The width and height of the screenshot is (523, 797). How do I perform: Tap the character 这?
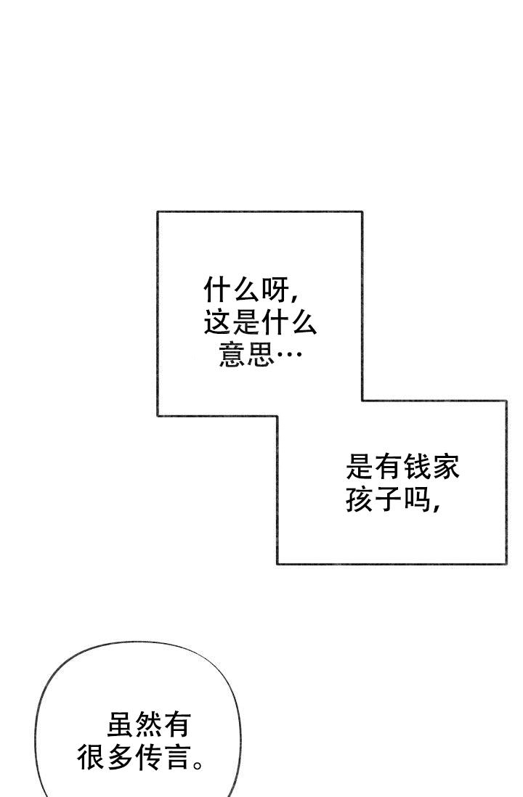click(218, 322)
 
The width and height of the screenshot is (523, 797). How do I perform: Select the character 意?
click(232, 353)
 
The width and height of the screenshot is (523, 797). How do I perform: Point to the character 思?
click(261, 353)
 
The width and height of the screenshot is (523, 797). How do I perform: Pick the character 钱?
click(417, 467)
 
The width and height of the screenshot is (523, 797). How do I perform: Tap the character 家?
click(446, 467)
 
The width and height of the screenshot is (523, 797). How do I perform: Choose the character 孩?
click(360, 499)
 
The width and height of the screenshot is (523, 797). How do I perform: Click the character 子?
click(388, 499)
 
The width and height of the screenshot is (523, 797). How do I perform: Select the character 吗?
click(417, 499)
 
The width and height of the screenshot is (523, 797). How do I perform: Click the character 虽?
click(121, 724)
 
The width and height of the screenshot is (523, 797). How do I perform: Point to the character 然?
click(149, 724)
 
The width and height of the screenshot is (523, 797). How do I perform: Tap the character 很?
click(92, 756)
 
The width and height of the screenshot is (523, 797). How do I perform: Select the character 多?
click(120, 756)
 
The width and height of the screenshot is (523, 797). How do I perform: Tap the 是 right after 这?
click(246, 322)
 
